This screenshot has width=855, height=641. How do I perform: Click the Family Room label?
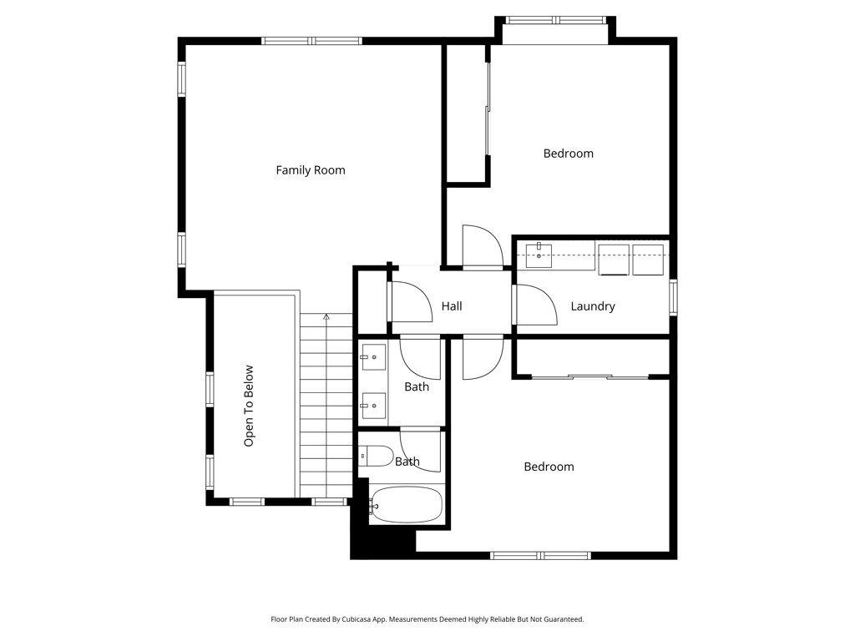pyautogui.click(x=311, y=170)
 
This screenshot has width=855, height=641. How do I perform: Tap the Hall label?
pyautogui.click(x=452, y=306)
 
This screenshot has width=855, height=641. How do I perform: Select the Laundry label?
pyautogui.click(x=593, y=306)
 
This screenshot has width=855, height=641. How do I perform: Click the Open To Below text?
pyautogui.click(x=249, y=406)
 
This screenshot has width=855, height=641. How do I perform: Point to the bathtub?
pyautogui.click(x=407, y=505)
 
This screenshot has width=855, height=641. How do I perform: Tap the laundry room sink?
pyautogui.click(x=539, y=255)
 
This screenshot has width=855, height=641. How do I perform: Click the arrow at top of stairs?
pyautogui.click(x=326, y=316)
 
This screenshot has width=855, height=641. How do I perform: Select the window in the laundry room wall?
pyautogui.click(x=674, y=297)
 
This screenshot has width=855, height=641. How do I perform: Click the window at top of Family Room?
pyautogui.click(x=312, y=41)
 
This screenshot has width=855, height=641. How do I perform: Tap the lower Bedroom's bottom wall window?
pyautogui.click(x=540, y=555)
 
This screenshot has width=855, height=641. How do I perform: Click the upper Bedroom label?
pyautogui.click(x=568, y=154)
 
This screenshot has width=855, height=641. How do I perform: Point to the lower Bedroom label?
pyautogui.click(x=549, y=467)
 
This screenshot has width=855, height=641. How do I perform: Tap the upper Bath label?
pyautogui.click(x=417, y=387)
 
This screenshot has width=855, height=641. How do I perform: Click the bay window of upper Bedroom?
pyautogui.click(x=555, y=20)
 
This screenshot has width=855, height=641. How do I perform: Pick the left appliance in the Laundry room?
pyautogui.click(x=614, y=260)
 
